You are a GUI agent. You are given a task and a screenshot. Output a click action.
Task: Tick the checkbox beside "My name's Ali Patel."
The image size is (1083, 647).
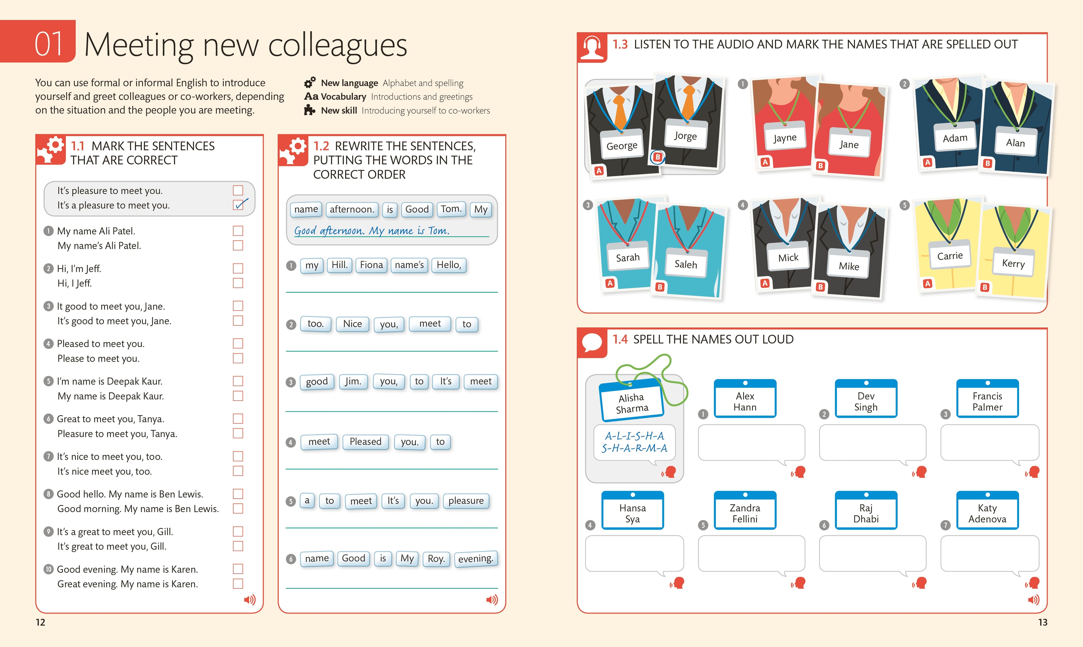coord(238,245)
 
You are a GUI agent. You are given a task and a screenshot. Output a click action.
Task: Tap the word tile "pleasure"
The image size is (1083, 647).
coord(466,501)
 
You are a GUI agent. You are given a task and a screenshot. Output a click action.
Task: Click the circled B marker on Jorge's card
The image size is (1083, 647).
coord(657,157)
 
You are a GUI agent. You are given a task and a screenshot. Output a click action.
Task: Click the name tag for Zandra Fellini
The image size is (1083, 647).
coord(745,510)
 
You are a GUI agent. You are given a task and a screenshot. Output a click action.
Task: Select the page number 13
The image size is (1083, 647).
coord(1042,622)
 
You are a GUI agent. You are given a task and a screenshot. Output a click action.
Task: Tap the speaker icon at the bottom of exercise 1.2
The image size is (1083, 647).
coord(492,600)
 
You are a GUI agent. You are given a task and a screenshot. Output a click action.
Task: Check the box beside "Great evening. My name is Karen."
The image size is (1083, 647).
coord(238,584)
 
